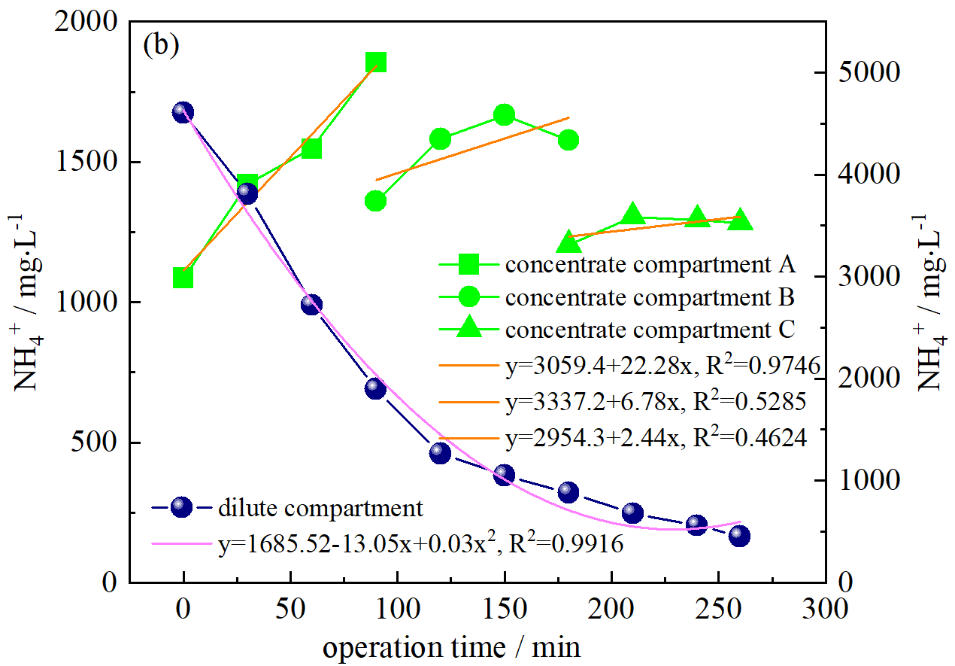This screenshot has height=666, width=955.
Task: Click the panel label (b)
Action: coord(161,46)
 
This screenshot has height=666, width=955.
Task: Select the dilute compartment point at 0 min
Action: coord(183,112)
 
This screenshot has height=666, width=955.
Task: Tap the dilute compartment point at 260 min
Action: coord(739,536)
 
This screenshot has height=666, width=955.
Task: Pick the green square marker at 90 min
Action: coord(376,62)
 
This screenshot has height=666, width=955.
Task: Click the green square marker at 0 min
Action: coord(183,278)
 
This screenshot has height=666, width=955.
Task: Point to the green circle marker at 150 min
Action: coord(504,115)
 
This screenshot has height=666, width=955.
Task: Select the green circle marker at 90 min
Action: coord(376,201)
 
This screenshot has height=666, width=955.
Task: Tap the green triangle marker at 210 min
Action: coord(632,214)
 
